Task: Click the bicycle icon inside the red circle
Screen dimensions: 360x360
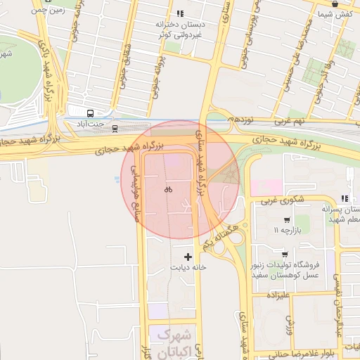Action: [x=168, y=189]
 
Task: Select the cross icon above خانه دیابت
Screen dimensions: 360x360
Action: [x=187, y=256]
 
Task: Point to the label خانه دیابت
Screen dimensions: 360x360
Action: [x=188, y=268]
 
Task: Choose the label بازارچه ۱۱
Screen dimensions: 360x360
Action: [x=290, y=230]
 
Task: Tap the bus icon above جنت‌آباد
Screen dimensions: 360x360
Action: [x=90, y=112]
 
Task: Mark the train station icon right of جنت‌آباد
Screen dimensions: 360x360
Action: [x=115, y=128]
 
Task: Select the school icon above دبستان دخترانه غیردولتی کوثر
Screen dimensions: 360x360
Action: [x=180, y=13]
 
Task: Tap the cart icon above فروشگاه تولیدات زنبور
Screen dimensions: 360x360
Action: [x=284, y=254]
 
